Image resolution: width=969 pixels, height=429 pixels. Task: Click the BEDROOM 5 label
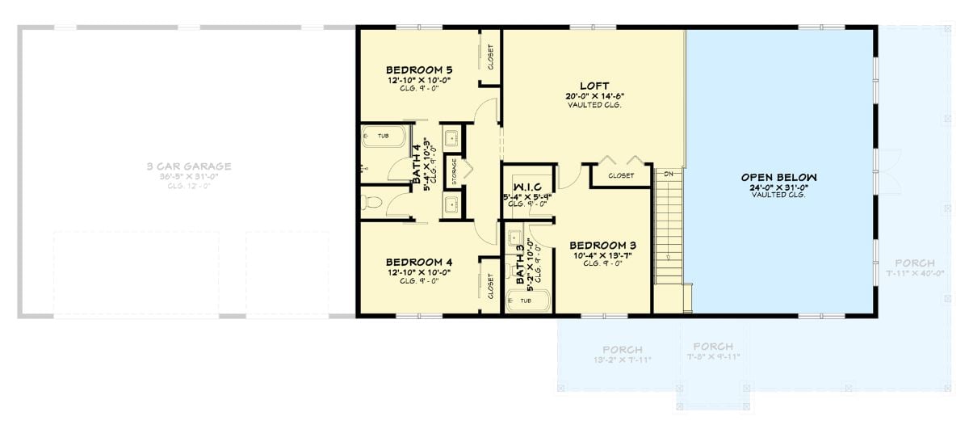pyautogui.click(x=418, y=69)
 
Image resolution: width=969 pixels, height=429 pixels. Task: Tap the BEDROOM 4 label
pyautogui.click(x=418, y=262)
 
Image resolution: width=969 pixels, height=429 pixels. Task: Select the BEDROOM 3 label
pyautogui.click(x=603, y=245)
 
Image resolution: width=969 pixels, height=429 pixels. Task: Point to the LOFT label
pyautogui.click(x=594, y=86)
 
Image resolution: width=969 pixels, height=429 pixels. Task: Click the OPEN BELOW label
pyautogui.click(x=779, y=177)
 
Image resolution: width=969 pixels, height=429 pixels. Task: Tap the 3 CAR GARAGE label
pyautogui.click(x=189, y=166)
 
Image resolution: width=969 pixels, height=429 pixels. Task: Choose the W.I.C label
pyautogui.click(x=527, y=186)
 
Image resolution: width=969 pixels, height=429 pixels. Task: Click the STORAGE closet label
pyautogui.click(x=454, y=172)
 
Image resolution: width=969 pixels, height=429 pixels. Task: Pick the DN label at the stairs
pyautogui.click(x=669, y=174)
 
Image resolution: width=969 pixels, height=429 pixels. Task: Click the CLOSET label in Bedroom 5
pyautogui.click(x=490, y=57)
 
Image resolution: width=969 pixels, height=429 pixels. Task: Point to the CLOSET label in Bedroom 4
pyautogui.click(x=490, y=284)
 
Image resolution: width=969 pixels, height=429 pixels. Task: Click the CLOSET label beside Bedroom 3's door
pyautogui.click(x=620, y=175)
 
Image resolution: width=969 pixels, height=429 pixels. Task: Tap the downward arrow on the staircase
pyautogui.click(x=668, y=258)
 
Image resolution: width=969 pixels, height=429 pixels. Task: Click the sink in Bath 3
pyautogui.click(x=514, y=238)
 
